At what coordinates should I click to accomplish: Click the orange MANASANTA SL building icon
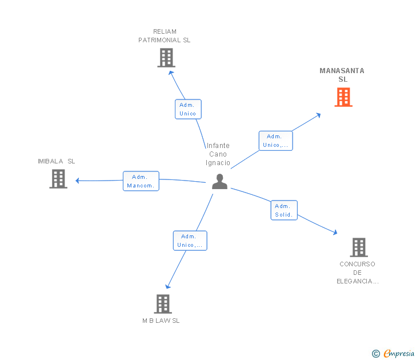click(343, 97)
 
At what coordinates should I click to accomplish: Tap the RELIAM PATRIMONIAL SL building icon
click(166, 58)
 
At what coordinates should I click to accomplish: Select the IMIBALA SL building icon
click(58, 179)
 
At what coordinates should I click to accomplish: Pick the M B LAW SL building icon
click(163, 304)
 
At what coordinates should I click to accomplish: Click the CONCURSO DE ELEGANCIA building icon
click(358, 247)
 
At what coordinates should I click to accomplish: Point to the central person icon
click(219, 182)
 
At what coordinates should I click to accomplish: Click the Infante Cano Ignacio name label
click(218, 154)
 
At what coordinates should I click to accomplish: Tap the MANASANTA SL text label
click(342, 75)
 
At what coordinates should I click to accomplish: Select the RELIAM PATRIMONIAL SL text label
click(165, 36)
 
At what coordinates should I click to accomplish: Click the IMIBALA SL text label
click(57, 161)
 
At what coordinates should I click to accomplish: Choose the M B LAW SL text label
click(161, 321)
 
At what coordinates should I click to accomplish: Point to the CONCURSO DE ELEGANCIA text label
click(357, 273)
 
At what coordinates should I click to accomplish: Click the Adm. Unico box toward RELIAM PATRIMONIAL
click(187, 109)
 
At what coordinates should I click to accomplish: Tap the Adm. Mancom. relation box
click(141, 181)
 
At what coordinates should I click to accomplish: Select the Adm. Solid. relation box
click(283, 210)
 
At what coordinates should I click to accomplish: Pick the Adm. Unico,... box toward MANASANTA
click(275, 141)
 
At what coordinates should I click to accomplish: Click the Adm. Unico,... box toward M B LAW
click(190, 241)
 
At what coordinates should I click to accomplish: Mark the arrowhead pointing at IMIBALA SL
click(78, 181)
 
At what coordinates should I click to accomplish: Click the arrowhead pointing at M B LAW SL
click(167, 286)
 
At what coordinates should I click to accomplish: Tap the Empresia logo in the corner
click(394, 353)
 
